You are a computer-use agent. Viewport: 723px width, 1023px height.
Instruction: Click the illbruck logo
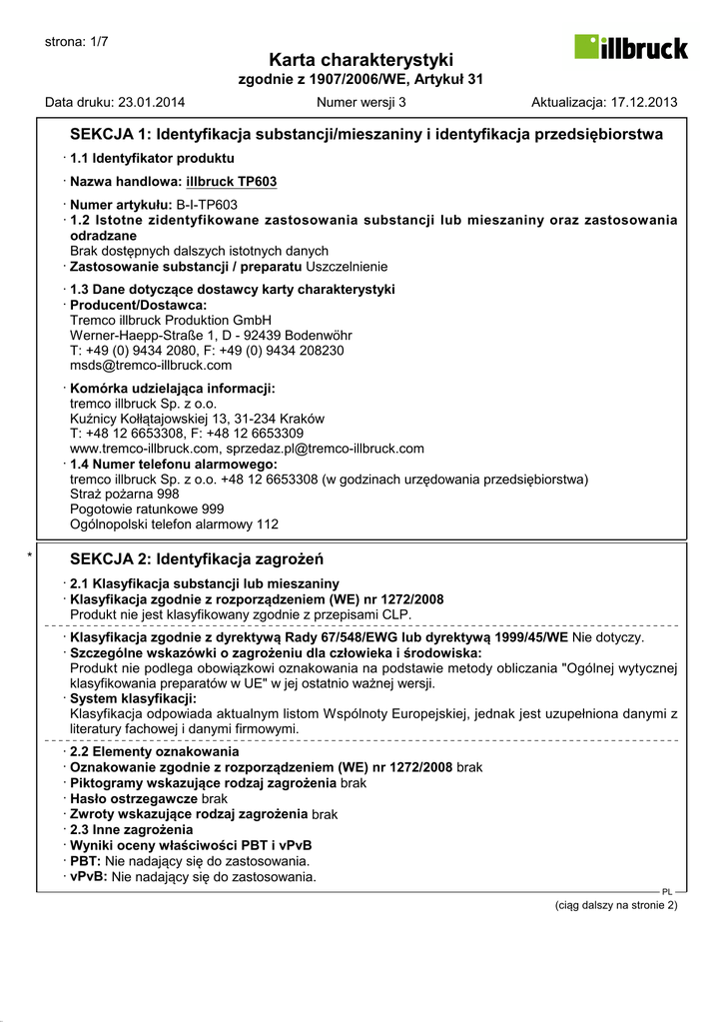click(630, 47)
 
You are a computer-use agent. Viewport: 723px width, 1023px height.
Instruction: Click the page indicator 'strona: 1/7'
click(77, 41)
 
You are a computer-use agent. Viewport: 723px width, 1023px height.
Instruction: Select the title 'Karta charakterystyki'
click(361, 60)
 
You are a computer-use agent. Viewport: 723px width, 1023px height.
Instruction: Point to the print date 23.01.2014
click(152, 102)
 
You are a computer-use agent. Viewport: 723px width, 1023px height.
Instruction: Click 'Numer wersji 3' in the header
click(361, 102)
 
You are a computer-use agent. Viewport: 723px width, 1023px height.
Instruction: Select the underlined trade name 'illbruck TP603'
click(232, 182)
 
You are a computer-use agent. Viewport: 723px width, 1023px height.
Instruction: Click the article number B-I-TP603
click(207, 204)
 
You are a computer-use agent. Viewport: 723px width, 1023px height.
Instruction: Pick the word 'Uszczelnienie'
click(347, 267)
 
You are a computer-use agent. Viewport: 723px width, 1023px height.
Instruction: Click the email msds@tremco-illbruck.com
click(151, 366)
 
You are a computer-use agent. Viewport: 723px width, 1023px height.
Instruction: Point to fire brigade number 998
click(168, 494)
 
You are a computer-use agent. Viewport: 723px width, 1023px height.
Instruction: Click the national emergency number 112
click(268, 523)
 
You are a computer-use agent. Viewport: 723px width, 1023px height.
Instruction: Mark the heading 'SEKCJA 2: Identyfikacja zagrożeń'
click(197, 559)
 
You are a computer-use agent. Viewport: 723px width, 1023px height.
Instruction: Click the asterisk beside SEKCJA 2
click(32, 555)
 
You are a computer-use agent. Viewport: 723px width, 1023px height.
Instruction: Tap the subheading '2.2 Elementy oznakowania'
click(154, 751)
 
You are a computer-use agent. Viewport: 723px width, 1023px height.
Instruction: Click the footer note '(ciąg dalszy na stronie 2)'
click(616, 905)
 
